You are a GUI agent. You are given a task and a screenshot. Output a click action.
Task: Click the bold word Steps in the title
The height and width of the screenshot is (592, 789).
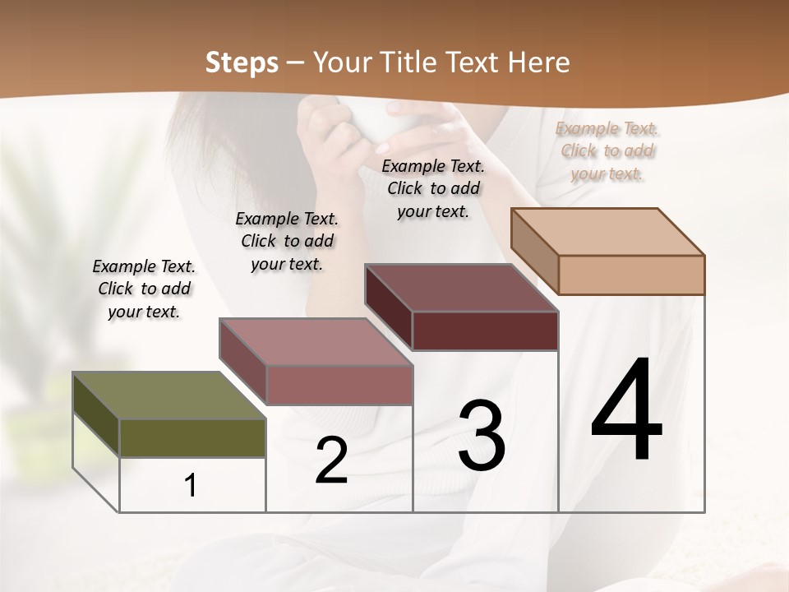242,62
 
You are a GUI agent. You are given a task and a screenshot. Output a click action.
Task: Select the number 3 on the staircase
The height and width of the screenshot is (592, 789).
482,436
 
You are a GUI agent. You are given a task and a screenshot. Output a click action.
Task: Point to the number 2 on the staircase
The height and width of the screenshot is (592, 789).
331,460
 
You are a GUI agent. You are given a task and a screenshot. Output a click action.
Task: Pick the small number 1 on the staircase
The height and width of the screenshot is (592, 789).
191,486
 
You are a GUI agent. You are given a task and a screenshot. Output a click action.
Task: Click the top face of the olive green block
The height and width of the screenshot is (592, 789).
168,395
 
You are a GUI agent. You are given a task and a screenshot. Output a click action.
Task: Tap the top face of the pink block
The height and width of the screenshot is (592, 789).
315,342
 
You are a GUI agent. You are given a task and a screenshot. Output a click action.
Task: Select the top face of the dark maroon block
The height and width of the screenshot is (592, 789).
461,288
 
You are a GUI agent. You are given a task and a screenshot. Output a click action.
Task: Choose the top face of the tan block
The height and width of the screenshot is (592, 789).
607,232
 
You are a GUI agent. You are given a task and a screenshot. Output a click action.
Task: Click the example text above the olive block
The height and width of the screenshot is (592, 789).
144,289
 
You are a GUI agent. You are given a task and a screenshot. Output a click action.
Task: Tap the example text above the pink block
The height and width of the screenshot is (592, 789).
287,241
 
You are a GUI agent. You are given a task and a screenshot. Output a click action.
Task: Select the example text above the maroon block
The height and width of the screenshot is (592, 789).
433,188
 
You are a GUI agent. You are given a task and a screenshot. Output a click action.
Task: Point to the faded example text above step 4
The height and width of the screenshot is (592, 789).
607,150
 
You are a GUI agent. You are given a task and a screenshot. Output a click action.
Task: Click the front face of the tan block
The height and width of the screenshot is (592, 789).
631,275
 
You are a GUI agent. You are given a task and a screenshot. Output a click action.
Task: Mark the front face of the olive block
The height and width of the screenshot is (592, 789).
192,437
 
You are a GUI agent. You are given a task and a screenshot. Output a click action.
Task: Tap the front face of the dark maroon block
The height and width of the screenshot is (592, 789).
485,331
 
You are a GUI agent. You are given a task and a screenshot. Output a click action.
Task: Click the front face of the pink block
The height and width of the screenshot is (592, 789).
339,385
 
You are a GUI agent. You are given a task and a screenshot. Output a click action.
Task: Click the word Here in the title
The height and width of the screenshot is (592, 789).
540,62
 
